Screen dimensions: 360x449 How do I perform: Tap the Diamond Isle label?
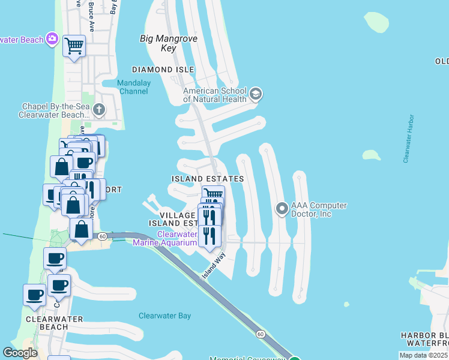tap(167, 70)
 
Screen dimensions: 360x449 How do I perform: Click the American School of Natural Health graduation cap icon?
tap(255, 94)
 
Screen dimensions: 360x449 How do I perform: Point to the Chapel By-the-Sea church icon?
tap(100, 110)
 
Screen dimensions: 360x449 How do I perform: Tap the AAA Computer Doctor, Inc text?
tap(319, 209)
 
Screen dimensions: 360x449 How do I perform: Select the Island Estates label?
tap(207, 179)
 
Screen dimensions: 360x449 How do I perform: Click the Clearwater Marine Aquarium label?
tap(176, 238)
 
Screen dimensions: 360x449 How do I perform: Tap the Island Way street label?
tap(212, 265)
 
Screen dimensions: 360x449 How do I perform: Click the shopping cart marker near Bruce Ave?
tap(74, 46)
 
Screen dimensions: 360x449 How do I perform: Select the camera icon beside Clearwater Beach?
tap(53, 39)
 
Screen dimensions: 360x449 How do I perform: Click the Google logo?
tap(20, 353)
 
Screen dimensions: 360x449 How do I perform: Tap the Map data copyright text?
tap(423, 355)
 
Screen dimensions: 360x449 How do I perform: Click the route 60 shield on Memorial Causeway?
tap(259, 333)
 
